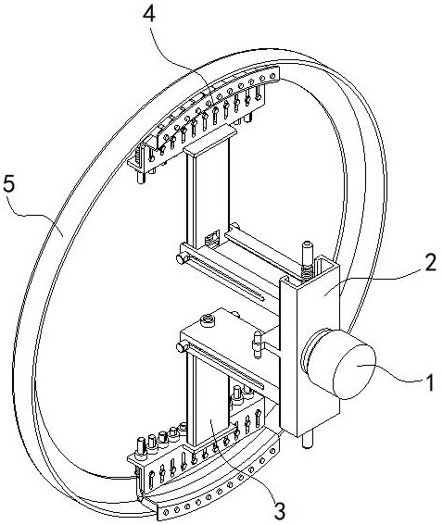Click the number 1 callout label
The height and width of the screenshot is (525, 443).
[430, 382]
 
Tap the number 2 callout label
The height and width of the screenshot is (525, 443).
[431, 262]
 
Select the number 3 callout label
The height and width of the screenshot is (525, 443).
[280, 511]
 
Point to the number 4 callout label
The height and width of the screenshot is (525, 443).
[149, 15]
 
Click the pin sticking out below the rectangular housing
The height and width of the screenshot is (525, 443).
[308, 440]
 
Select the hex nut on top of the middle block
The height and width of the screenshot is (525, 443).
[207, 320]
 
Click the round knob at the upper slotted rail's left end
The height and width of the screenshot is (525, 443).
[181, 259]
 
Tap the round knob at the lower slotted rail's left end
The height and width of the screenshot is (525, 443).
[182, 347]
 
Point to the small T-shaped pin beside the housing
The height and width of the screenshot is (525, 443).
[258, 344]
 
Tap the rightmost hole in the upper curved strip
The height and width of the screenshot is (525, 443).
[272, 76]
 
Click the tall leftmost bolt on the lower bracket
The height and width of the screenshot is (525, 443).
[140, 449]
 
